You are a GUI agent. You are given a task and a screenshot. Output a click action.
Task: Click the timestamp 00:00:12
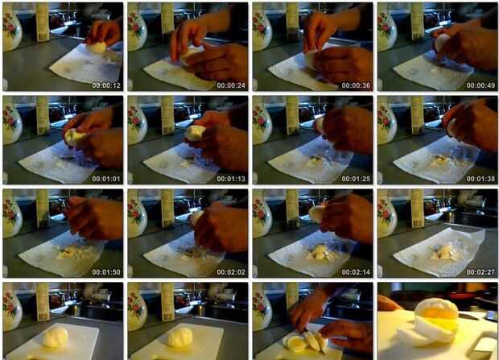click(106, 85)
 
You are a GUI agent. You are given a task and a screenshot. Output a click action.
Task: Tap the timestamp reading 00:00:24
click(231, 85)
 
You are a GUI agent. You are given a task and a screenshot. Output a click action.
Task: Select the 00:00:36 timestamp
click(356, 85)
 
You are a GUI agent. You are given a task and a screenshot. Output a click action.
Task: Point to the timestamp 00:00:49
click(480, 85)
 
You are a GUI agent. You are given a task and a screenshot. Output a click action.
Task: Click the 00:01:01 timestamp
click(106, 179)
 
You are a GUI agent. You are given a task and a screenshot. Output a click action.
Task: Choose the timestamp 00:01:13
click(231, 179)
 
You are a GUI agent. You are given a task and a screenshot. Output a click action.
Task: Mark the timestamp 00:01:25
click(356, 179)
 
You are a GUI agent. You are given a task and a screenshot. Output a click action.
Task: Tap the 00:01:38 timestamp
click(480, 179)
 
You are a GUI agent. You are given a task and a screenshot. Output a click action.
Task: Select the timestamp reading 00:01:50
click(106, 272)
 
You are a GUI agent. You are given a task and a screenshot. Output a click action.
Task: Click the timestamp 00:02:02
click(231, 272)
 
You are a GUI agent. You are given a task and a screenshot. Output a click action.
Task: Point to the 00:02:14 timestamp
click(356, 272)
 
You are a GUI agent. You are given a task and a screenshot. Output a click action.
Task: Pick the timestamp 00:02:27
click(480, 272)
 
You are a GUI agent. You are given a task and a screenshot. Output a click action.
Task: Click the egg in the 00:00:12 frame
click(97, 48)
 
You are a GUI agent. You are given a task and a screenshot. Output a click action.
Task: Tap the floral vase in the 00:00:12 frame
click(11, 27)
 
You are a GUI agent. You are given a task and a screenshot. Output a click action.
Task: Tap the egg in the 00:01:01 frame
click(74, 138)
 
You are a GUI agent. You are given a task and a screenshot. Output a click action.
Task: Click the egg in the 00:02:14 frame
click(317, 213)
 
